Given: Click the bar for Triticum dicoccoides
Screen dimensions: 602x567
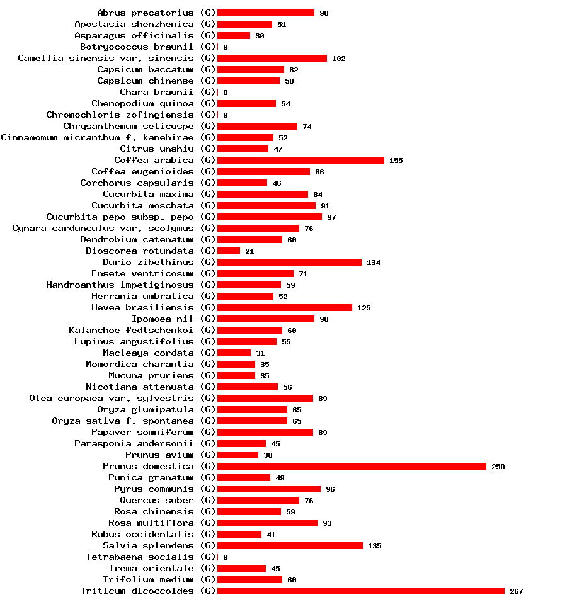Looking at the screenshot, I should click(x=361, y=591).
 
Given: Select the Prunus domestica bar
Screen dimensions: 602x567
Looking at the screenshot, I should click(x=352, y=466).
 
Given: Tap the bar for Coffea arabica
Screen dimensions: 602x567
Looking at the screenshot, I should click(x=301, y=160).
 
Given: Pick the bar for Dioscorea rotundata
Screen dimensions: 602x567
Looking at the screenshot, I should click(x=229, y=251).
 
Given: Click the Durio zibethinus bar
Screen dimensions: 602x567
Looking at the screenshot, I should click(x=289, y=262).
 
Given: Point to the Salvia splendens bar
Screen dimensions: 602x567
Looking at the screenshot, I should click(x=290, y=545).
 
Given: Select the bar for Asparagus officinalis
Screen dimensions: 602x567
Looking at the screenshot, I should click(x=234, y=35).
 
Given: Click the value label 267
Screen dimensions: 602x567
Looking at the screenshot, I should click(x=516, y=591).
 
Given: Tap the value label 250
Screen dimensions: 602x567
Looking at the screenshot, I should click(x=498, y=467).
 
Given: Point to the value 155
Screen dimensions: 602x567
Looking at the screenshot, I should click(x=396, y=161).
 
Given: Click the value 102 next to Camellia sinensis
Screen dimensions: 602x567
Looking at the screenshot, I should click(x=339, y=59).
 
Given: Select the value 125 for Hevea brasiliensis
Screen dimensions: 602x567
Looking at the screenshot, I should click(x=364, y=308).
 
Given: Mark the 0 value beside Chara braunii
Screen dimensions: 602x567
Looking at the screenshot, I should click(x=225, y=93).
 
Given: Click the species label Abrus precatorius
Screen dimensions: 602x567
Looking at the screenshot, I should click(x=146, y=13).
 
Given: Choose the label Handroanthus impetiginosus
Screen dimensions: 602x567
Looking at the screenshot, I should click(x=120, y=285).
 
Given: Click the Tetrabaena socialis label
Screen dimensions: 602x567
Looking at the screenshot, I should click(x=140, y=557).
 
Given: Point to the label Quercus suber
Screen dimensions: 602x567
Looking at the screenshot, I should click(x=157, y=500).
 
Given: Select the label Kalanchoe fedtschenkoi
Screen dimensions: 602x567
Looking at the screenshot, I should click(x=131, y=330).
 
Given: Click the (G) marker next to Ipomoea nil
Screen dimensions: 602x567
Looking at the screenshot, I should click(x=208, y=319).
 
